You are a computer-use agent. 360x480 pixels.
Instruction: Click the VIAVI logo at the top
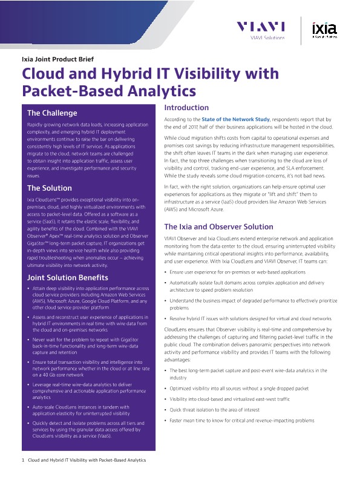[x=260, y=27]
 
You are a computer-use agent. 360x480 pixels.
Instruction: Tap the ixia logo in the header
[x=324, y=28]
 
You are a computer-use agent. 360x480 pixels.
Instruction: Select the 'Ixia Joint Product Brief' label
[x=57, y=59]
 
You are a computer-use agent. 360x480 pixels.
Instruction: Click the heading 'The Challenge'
[x=52, y=113]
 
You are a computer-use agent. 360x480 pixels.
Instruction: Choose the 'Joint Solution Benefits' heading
[x=68, y=277]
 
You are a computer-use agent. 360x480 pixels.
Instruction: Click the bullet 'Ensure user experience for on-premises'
[x=238, y=273]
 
